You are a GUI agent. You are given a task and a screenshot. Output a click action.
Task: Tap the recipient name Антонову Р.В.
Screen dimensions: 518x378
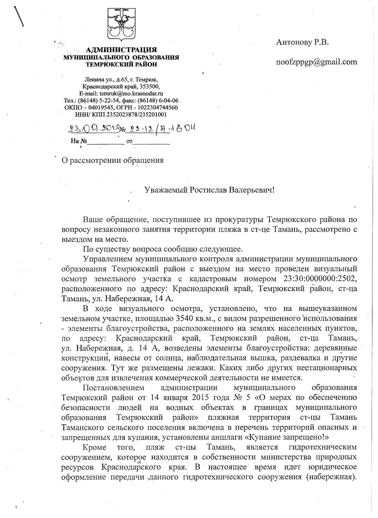click(302, 42)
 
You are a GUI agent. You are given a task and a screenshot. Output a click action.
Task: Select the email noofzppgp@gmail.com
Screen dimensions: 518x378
click(316, 62)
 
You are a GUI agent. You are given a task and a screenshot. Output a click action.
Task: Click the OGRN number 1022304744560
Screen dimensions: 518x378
click(155, 108)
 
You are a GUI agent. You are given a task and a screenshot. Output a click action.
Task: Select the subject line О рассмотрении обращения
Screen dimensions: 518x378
click(112, 160)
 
